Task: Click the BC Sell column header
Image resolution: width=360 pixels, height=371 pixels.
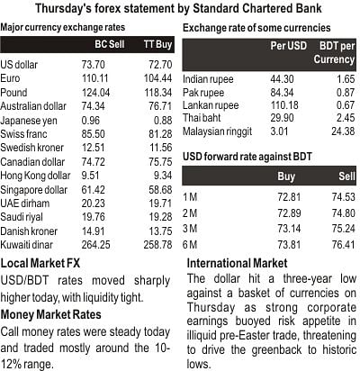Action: point(110,44)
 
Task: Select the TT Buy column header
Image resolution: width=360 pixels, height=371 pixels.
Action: point(157,44)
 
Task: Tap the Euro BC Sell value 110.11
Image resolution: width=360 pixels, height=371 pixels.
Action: point(95,78)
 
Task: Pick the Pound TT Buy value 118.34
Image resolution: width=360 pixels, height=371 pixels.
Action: point(158,93)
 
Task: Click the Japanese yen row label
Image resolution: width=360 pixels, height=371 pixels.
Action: point(29,121)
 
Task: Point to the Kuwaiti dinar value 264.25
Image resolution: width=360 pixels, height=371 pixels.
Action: point(95,245)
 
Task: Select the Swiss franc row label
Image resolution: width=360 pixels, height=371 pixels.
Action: point(23,134)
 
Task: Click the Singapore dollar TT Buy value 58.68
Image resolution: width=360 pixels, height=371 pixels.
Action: point(160,190)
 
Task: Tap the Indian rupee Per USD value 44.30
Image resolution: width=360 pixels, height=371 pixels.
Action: point(282,79)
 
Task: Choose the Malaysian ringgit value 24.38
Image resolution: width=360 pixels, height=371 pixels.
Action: point(343,131)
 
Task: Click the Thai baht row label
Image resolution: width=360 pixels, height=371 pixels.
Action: point(202,118)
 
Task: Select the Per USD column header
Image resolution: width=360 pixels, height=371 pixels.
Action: point(289,46)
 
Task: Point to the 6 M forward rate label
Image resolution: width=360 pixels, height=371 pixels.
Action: point(190,245)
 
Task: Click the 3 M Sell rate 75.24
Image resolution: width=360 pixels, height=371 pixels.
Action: point(344,229)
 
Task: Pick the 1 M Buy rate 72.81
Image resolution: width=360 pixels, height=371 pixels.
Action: point(289,197)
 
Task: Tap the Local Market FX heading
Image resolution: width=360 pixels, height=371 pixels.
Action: point(40,263)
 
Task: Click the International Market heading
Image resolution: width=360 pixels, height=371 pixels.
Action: point(237,263)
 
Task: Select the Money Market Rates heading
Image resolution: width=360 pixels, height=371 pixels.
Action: point(50,314)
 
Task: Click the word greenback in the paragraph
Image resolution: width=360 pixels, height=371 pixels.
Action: point(276,349)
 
